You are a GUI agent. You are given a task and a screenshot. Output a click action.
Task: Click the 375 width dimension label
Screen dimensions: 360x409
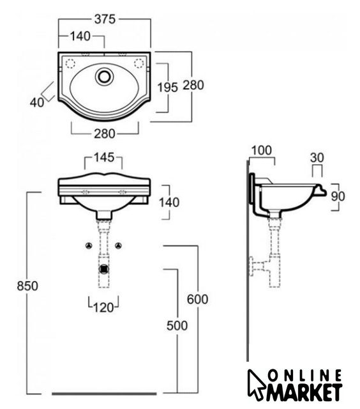coord(105,19)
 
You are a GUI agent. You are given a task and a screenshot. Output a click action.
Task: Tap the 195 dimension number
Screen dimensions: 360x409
coord(168,88)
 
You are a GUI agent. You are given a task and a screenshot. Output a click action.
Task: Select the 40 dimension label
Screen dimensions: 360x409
coord(37,102)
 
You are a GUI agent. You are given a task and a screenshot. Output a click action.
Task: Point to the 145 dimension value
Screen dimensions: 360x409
coord(104,158)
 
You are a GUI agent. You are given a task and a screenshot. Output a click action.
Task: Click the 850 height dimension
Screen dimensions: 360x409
coord(27,286)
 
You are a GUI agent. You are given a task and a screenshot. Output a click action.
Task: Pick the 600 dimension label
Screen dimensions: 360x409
coord(197,299)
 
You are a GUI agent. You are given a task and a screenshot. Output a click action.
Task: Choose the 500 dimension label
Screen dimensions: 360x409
coord(177,325)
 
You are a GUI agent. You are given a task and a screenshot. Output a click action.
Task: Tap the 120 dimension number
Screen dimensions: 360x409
coord(103,307)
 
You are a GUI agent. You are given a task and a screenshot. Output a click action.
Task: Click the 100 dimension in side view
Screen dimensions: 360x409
coord(262,151)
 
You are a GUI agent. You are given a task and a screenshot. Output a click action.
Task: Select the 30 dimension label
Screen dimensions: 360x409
coord(317,158)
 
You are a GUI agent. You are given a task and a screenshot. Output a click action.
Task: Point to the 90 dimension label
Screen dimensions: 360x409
coord(338,196)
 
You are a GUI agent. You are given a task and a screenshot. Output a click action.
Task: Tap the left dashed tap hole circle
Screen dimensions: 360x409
coord(70,63)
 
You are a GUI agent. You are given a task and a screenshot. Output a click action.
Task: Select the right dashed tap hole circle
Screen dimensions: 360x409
coord(139,63)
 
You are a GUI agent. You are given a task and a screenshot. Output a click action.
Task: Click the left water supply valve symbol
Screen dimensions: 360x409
coord(89,245)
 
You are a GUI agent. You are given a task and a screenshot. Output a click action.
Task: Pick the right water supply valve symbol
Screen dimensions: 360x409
coord(119,245)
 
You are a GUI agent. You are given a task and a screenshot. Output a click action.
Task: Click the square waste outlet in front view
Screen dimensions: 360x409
coord(104,268)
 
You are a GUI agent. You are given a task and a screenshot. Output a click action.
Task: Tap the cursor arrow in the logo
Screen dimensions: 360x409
coord(255,384)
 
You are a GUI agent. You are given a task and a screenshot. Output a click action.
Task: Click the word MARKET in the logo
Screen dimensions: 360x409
coord(304,392)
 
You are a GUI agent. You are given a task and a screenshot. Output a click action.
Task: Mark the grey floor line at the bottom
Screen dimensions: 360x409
coord(104,394)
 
